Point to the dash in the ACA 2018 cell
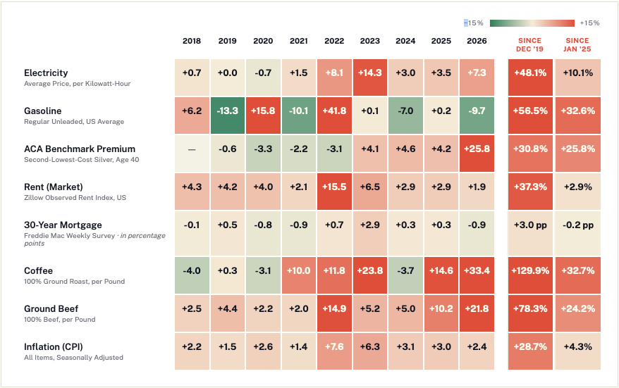pos(192,150)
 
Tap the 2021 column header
pos(298,41)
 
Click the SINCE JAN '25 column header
pos(577,44)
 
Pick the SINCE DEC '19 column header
pos(529,44)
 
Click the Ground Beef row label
pos(51,308)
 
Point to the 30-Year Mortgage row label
pos(63,225)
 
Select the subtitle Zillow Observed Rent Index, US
pos(75,198)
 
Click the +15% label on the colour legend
pos(589,23)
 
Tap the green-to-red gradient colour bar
pos(532,23)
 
